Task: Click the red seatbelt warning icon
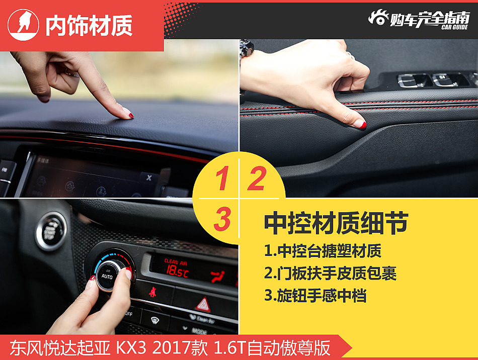153,292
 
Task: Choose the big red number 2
256,179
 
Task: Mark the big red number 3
222,219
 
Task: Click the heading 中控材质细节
336,223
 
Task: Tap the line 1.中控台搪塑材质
323,250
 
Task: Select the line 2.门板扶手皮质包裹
330,273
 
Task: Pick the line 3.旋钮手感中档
315,296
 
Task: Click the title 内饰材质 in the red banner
89,26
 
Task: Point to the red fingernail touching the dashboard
131,116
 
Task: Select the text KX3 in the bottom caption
130,348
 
